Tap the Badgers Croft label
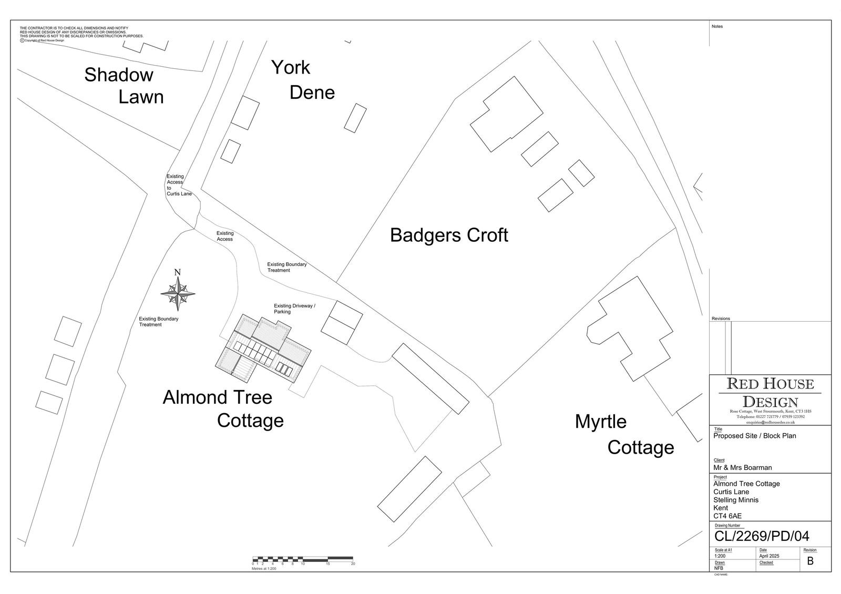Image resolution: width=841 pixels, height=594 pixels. (449, 235)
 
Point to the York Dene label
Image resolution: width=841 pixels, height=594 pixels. (303, 80)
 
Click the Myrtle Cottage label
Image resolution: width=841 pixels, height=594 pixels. (624, 434)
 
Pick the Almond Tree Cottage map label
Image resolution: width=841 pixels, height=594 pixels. (223, 408)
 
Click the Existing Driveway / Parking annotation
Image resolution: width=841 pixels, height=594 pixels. (294, 309)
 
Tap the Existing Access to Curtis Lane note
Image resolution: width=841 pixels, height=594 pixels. (178, 185)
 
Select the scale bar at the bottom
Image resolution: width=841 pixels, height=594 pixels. (303, 558)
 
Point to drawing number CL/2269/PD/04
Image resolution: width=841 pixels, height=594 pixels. (762, 536)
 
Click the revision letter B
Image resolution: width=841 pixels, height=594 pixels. (810, 561)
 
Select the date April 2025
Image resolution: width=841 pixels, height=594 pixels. (769, 556)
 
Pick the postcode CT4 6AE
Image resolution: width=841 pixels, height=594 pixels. (727, 516)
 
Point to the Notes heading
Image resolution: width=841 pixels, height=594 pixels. (717, 26)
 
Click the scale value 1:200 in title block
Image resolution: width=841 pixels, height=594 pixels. (720, 556)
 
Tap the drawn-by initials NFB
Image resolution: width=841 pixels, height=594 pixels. (719, 568)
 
